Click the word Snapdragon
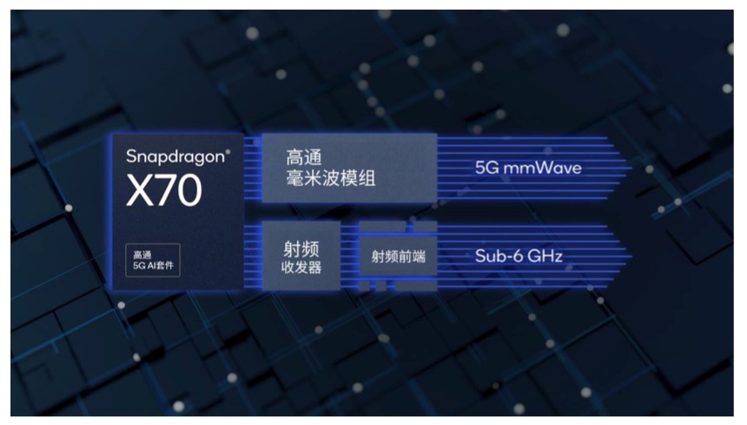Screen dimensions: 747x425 pos(175,157)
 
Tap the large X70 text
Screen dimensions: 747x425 pos(164,190)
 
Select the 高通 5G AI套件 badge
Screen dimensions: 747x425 pos(153,260)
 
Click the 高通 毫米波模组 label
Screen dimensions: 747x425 pos(331,168)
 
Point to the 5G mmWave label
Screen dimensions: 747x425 pos(528,168)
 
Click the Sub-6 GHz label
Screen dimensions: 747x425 pos(519,256)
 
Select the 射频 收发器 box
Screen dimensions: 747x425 pos(301,256)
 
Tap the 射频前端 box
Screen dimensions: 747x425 pos(398,256)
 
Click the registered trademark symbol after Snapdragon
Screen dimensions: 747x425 pos(228,152)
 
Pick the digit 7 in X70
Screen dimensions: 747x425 pos(164,190)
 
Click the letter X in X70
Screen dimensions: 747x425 pos(138,190)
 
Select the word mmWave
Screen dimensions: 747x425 pos(542,168)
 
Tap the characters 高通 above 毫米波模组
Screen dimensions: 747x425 pos(304,157)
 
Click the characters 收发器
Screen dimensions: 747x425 pos(301,268)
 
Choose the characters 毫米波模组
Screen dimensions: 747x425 pos(331,178)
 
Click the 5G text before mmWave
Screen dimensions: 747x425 pos(486,168)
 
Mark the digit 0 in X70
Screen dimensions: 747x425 pos(189,190)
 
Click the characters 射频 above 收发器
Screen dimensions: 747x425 pos(301,249)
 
